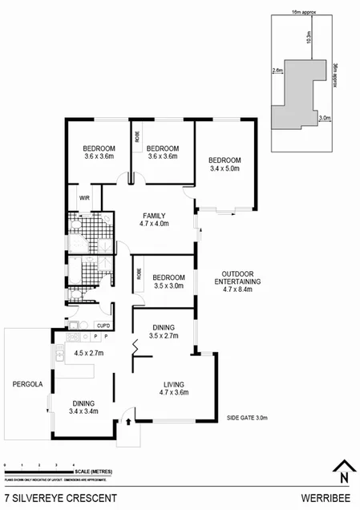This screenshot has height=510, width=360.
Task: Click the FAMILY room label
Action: click(154, 216)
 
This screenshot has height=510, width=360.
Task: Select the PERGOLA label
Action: click(21, 384)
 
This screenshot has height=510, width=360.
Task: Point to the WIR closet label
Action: click(83, 195)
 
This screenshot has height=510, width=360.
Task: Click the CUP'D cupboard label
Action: click(103, 325)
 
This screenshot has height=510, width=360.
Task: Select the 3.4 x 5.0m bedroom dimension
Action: click(224, 169)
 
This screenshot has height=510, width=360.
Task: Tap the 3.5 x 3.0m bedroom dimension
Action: click(168, 285)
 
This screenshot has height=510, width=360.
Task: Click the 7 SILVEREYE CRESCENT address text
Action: click(60, 498)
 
